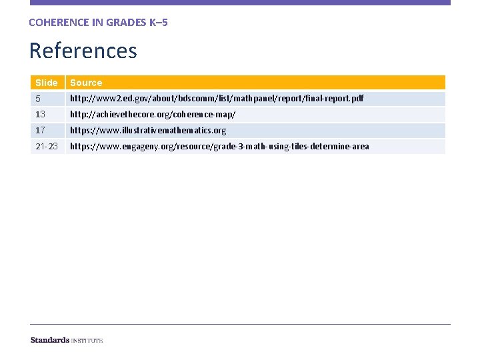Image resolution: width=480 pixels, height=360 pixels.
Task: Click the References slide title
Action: (x=83, y=51)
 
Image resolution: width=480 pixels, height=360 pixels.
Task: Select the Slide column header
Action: (x=47, y=83)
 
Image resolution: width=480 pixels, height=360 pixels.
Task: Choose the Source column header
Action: (x=86, y=83)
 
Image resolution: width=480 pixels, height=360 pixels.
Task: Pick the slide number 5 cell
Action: (x=38, y=99)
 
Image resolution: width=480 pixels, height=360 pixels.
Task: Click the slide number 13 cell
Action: (x=40, y=115)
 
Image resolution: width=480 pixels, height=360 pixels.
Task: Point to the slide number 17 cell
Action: (x=40, y=131)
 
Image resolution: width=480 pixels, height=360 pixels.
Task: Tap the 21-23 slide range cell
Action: (x=46, y=147)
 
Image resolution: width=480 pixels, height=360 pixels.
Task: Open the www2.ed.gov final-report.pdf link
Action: (x=217, y=99)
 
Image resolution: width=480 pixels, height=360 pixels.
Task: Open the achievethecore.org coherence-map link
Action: (x=153, y=115)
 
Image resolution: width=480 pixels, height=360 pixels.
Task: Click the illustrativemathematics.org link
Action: (x=148, y=131)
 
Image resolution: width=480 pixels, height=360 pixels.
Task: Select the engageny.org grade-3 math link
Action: (x=219, y=147)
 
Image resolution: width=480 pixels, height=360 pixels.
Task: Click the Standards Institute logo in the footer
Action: (x=67, y=340)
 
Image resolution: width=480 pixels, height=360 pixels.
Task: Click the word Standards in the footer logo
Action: (x=50, y=340)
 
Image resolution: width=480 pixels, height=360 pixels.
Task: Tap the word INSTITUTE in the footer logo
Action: (x=87, y=341)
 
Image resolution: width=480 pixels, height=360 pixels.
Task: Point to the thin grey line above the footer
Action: (x=240, y=325)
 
